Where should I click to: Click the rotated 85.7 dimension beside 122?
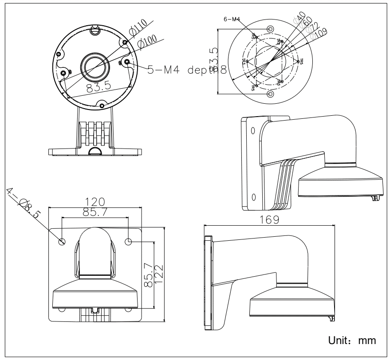click(x=149, y=275)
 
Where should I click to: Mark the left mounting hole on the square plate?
click(x=62, y=242)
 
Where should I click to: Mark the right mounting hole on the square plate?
click(x=128, y=242)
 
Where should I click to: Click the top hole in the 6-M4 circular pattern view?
click(x=271, y=28)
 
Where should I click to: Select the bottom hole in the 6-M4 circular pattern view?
click(x=271, y=94)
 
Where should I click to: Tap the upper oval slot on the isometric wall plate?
click(x=252, y=131)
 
